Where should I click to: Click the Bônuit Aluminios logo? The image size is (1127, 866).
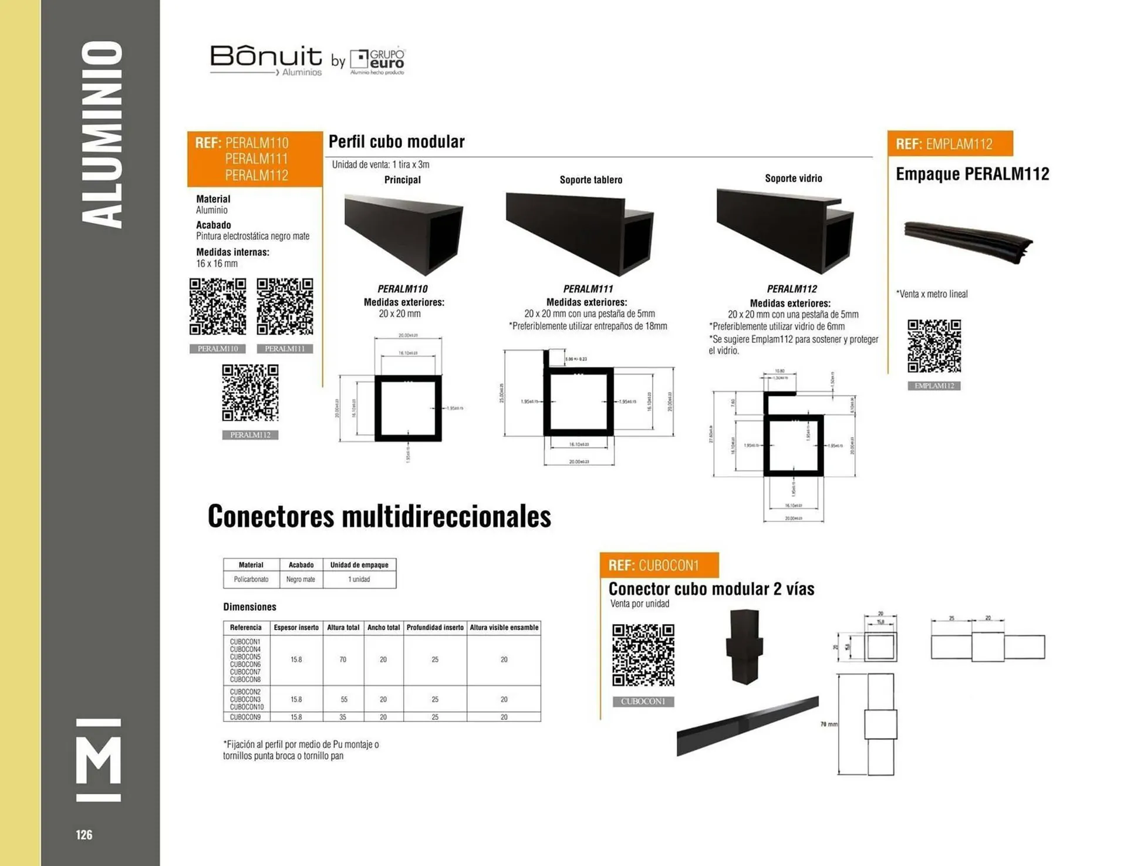coord(266,60)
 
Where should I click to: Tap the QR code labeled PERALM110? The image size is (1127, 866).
coord(218,306)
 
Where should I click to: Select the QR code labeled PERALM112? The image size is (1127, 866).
coord(250,392)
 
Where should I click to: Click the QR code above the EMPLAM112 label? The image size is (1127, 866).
coord(934,346)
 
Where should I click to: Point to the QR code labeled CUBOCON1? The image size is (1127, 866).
coord(643,655)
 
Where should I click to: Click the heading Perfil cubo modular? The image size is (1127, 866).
coord(396,141)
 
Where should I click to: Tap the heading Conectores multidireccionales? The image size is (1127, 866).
coord(379,516)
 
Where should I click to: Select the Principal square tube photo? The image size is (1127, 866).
coord(404,234)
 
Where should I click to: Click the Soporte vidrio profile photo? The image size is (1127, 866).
coord(785,230)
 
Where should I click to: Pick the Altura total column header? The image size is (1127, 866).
coord(343,628)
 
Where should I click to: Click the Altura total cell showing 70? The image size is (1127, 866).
coord(343,660)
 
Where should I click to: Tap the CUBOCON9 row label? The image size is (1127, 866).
coord(245,717)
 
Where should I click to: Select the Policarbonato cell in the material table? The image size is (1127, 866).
coord(251,579)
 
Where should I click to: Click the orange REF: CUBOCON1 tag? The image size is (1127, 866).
coord(659,565)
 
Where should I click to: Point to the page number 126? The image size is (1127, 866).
coord(84,835)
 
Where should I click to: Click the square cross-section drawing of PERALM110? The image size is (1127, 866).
coord(408,408)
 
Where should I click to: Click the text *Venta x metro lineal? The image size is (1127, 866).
coord(932,294)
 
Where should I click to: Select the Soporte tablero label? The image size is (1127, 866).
coord(591,180)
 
